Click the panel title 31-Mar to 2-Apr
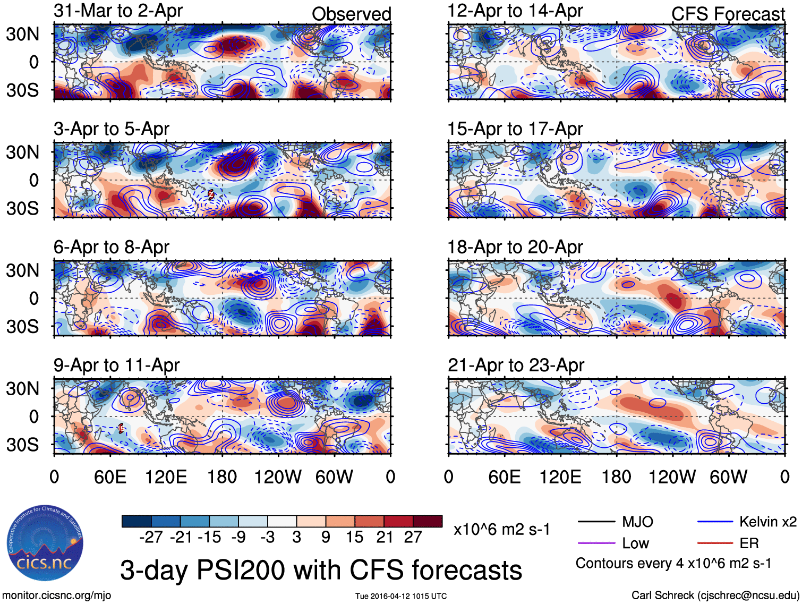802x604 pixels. pyautogui.click(x=118, y=11)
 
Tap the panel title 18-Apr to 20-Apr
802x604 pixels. pyautogui.click(x=515, y=247)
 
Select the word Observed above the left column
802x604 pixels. pyautogui.click(x=351, y=14)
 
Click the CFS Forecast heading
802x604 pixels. pyautogui.click(x=728, y=14)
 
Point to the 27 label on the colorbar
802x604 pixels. pyautogui.click(x=413, y=537)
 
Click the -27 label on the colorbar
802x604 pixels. pyautogui.click(x=151, y=537)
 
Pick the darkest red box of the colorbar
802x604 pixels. pyautogui.click(x=428, y=521)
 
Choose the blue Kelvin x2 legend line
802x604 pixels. pyautogui.click(x=715, y=522)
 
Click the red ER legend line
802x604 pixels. pyautogui.click(x=715, y=543)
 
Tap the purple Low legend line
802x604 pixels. pyautogui.click(x=596, y=543)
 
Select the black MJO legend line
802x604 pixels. pyautogui.click(x=596, y=522)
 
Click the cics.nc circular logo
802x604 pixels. pyautogui.click(x=45, y=543)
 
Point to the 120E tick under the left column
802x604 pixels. pyautogui.click(x=166, y=477)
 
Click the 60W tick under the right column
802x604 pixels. pyautogui.click(x=728, y=477)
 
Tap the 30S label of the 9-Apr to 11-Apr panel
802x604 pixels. pyautogui.click(x=22, y=445)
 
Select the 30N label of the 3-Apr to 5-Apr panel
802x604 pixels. pyautogui.click(x=22, y=152)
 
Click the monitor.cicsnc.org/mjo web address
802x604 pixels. pyautogui.click(x=56, y=596)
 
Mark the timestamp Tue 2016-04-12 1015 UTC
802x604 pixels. pyautogui.click(x=401, y=596)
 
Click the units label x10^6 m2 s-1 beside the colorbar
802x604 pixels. pyautogui.click(x=501, y=530)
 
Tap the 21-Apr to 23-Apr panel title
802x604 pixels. pyautogui.click(x=516, y=365)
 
